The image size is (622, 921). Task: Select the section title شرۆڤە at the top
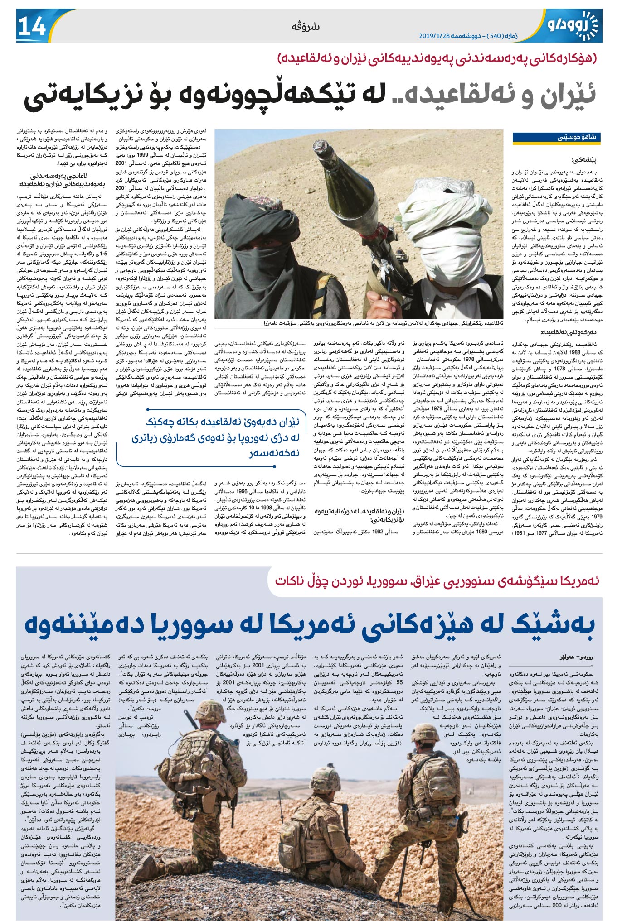coord(306,27)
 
